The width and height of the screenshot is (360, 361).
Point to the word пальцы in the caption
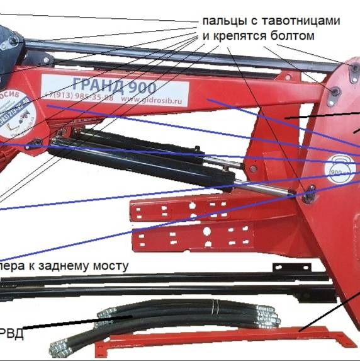[222, 21]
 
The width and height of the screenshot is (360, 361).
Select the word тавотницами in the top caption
[303, 21]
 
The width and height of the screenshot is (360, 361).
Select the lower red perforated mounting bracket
[189, 238]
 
